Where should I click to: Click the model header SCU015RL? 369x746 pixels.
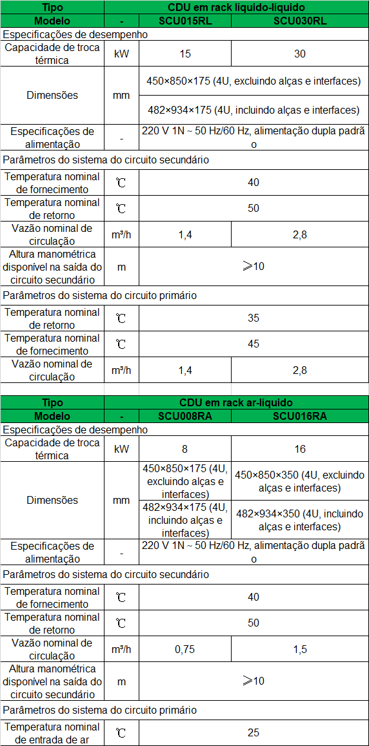pyautogui.click(x=184, y=20)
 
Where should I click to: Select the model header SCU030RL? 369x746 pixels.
pyautogui.click(x=299, y=20)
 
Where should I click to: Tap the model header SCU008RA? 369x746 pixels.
pyautogui.click(x=184, y=416)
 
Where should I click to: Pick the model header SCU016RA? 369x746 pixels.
pyautogui.click(x=299, y=416)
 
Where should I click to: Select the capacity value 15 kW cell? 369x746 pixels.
pyautogui.click(x=184, y=54)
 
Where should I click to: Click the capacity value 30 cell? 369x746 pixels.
pyautogui.click(x=299, y=54)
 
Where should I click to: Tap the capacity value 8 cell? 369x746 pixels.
pyautogui.click(x=184, y=449)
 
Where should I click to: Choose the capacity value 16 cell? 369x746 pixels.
pyautogui.click(x=299, y=449)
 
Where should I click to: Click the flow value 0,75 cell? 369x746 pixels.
pyautogui.click(x=184, y=649)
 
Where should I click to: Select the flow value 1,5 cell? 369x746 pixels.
pyautogui.click(x=299, y=649)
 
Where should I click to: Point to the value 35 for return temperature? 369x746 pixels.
pyautogui.click(x=253, y=318)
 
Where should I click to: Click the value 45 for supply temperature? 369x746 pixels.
pyautogui.click(x=253, y=344)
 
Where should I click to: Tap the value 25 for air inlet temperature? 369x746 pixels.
pyautogui.click(x=253, y=732)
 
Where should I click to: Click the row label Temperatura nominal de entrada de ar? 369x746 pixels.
pyautogui.click(x=52, y=732)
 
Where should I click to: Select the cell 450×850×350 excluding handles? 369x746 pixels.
pyautogui.click(x=299, y=481)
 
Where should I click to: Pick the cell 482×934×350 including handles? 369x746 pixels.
pyautogui.click(x=299, y=520)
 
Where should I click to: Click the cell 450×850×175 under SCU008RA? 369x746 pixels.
pyautogui.click(x=184, y=481)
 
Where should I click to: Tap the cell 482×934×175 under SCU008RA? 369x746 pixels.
pyautogui.click(x=184, y=520)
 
